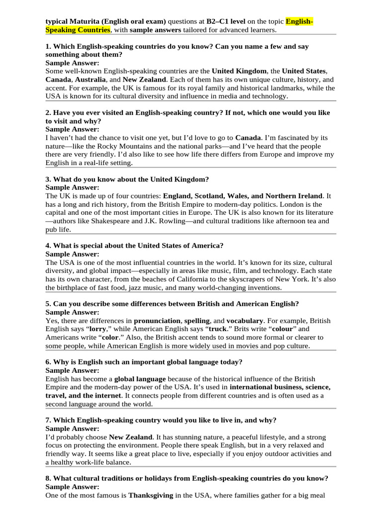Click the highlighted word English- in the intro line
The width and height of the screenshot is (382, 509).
click(299, 22)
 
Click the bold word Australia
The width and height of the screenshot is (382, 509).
click(91, 80)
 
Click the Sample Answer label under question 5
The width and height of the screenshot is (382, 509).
click(72, 312)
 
